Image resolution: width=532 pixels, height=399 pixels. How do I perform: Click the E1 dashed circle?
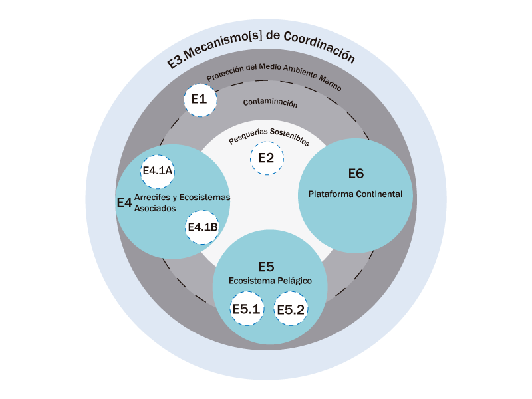tap(199, 100)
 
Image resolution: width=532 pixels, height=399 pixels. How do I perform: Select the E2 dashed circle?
tap(266, 158)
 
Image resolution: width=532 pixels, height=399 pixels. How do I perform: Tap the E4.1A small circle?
tap(158, 171)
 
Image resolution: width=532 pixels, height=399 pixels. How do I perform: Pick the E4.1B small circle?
tap(202, 227)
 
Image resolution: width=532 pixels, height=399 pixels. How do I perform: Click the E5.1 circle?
tap(247, 309)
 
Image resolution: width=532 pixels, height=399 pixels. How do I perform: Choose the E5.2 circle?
tap(291, 309)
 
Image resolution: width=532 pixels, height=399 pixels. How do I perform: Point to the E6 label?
tap(356, 174)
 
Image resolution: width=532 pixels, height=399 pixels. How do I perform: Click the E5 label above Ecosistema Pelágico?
tap(266, 267)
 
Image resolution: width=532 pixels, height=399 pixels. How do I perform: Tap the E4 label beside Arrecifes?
tap(124, 203)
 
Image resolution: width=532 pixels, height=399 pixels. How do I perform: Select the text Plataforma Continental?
tap(355, 194)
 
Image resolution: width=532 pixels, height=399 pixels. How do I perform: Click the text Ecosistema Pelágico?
tap(270, 281)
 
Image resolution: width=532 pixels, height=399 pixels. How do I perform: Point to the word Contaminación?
tap(270, 103)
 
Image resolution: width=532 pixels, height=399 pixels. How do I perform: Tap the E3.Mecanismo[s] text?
tap(213, 55)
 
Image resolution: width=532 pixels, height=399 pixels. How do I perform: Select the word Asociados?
tap(155, 208)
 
